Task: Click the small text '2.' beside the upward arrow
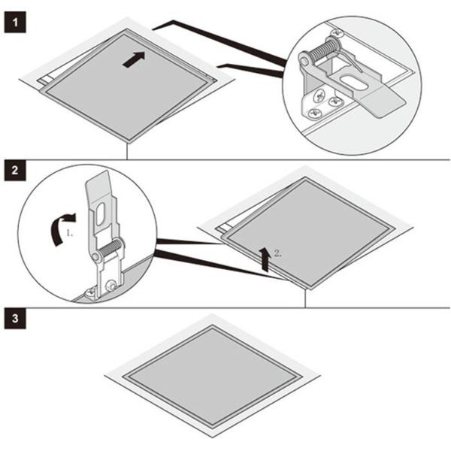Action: (x=277, y=253)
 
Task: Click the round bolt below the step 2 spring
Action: (x=110, y=286)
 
